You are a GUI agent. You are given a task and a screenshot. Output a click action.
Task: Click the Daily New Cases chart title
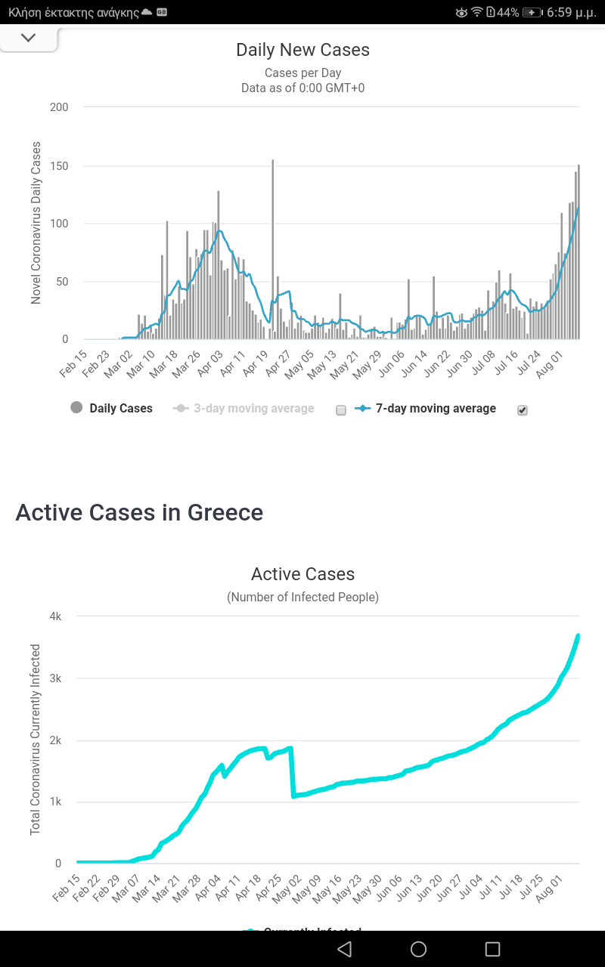pos(302,50)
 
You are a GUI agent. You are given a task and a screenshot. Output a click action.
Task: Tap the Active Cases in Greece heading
pos(139,512)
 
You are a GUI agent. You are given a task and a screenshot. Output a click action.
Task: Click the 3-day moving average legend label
pos(253,409)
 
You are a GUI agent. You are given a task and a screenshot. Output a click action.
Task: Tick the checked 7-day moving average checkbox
pos(522,410)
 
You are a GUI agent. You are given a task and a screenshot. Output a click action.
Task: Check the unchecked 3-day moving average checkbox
pos(340,410)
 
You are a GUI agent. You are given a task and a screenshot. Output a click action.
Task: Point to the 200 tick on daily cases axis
pos(59,107)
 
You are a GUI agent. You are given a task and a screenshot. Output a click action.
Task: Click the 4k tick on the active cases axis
pos(55,616)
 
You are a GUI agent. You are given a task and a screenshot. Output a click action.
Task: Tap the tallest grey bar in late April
pos(273,249)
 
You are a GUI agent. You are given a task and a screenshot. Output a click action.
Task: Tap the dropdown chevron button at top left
pos(29,38)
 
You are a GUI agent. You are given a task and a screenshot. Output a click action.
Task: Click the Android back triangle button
pos(344,949)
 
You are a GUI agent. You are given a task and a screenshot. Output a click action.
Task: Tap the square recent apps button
pos(492,949)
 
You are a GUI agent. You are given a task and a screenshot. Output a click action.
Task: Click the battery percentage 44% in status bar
pos(507,12)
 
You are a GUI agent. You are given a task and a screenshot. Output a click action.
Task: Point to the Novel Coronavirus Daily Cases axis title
pos(36,223)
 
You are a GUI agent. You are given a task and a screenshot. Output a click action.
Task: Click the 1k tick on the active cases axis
pos(55,802)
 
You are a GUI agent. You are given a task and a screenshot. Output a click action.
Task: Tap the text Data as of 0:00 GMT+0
pos(302,88)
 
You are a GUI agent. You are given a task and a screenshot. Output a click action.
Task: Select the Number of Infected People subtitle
pos(302,597)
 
